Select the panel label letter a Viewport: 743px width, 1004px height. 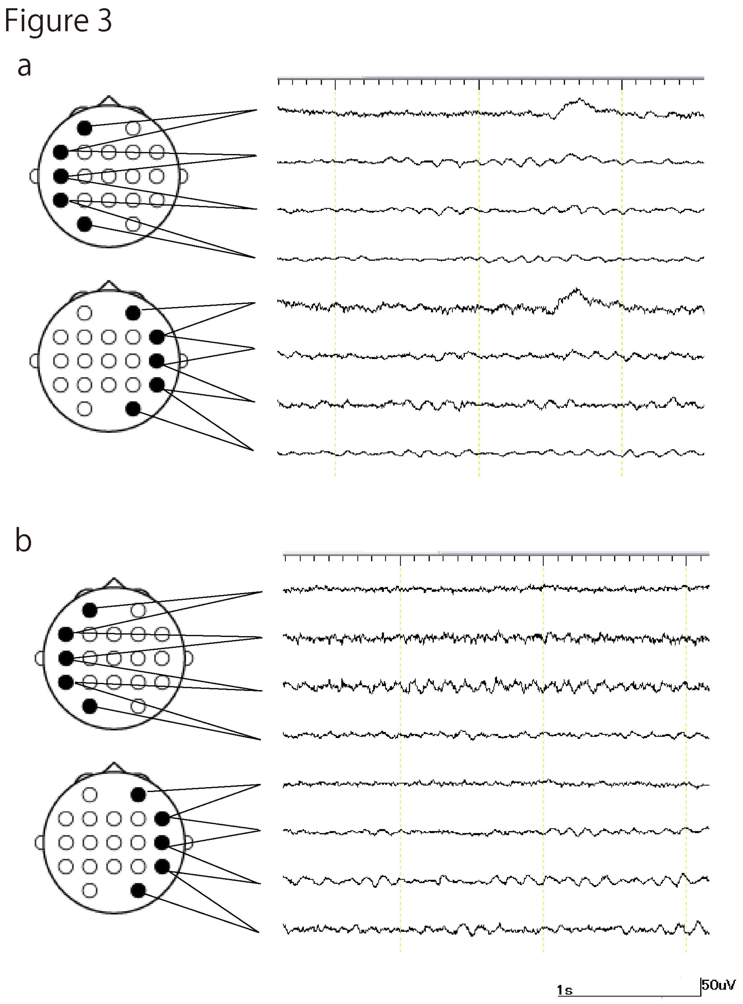24,66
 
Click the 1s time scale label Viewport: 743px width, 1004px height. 564,990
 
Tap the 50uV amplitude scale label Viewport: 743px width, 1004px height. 719,985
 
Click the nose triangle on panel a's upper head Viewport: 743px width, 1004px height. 108,101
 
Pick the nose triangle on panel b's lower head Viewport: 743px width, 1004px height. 114,768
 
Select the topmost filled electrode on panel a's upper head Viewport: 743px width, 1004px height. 84,128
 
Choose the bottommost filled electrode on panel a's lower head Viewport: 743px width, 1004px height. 133,409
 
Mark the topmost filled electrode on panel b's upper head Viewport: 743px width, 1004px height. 90,610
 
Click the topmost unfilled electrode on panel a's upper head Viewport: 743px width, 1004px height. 133,128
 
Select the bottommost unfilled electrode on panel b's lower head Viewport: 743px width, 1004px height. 90,890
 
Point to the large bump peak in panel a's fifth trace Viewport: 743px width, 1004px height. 576,290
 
